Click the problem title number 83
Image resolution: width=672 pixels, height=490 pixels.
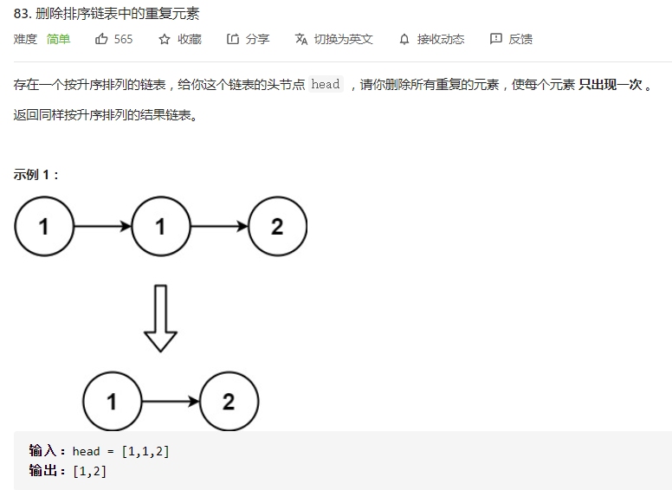(x=22, y=13)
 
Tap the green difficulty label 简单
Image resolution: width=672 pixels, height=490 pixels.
(x=59, y=39)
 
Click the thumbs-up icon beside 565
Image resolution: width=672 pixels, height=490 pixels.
(x=102, y=39)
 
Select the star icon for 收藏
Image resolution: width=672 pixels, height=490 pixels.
(x=165, y=39)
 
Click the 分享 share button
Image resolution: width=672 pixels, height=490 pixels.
(x=248, y=39)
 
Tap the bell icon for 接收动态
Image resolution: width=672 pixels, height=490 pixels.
(x=404, y=39)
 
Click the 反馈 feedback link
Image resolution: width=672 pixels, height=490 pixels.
(x=511, y=39)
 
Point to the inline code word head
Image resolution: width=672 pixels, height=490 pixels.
(x=326, y=84)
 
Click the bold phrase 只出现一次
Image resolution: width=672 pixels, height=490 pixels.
(x=610, y=84)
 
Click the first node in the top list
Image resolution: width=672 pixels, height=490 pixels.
(x=44, y=227)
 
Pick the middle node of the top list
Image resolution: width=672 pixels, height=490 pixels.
(x=160, y=227)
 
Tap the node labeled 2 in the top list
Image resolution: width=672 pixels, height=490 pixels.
(x=277, y=227)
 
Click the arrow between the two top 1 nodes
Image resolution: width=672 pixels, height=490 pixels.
(x=102, y=227)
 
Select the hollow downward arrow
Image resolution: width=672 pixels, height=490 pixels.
(x=160, y=318)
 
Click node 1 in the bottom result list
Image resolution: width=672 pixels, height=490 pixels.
(x=112, y=403)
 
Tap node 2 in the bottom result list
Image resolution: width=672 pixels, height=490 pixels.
(x=229, y=403)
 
